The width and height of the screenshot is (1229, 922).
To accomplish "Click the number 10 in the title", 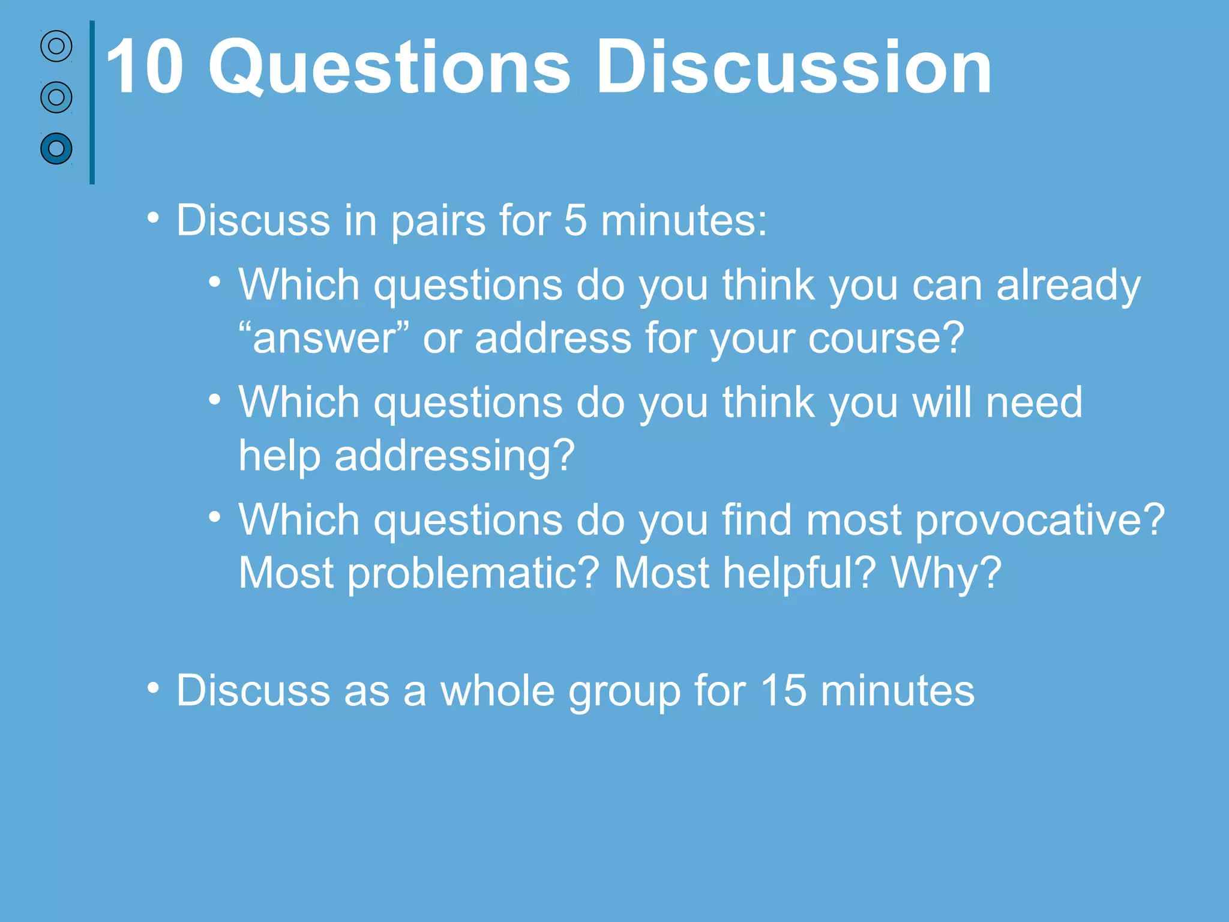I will pos(144,67).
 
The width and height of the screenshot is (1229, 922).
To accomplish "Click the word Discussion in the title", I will pos(793,67).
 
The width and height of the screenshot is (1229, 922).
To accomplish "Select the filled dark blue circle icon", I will pos(56,148).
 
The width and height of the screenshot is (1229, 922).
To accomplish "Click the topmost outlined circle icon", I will pos(56,46).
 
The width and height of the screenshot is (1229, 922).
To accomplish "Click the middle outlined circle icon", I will pos(56,97).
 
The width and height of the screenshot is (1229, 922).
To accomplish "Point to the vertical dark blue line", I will pos(92,102).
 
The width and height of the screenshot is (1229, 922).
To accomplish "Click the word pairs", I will pos(438,221).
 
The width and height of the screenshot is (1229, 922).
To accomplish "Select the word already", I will pos(1068,286).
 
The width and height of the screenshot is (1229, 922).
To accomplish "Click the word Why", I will pos(946,574).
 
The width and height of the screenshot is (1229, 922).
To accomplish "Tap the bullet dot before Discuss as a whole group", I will pos(154,688).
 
